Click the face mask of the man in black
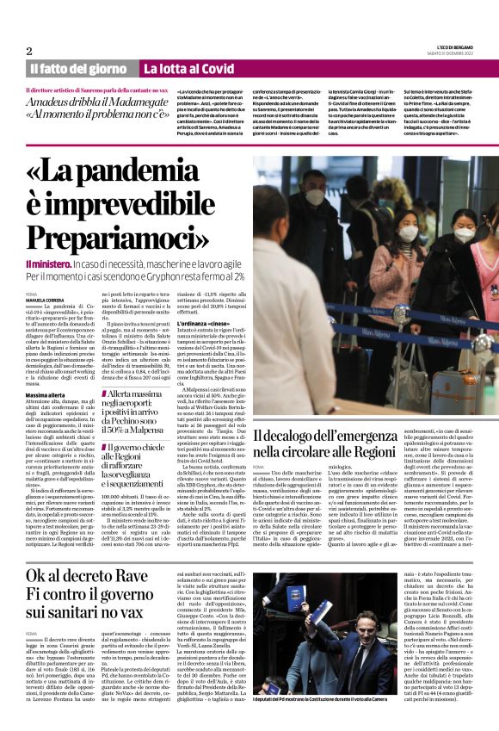pos(316,197)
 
